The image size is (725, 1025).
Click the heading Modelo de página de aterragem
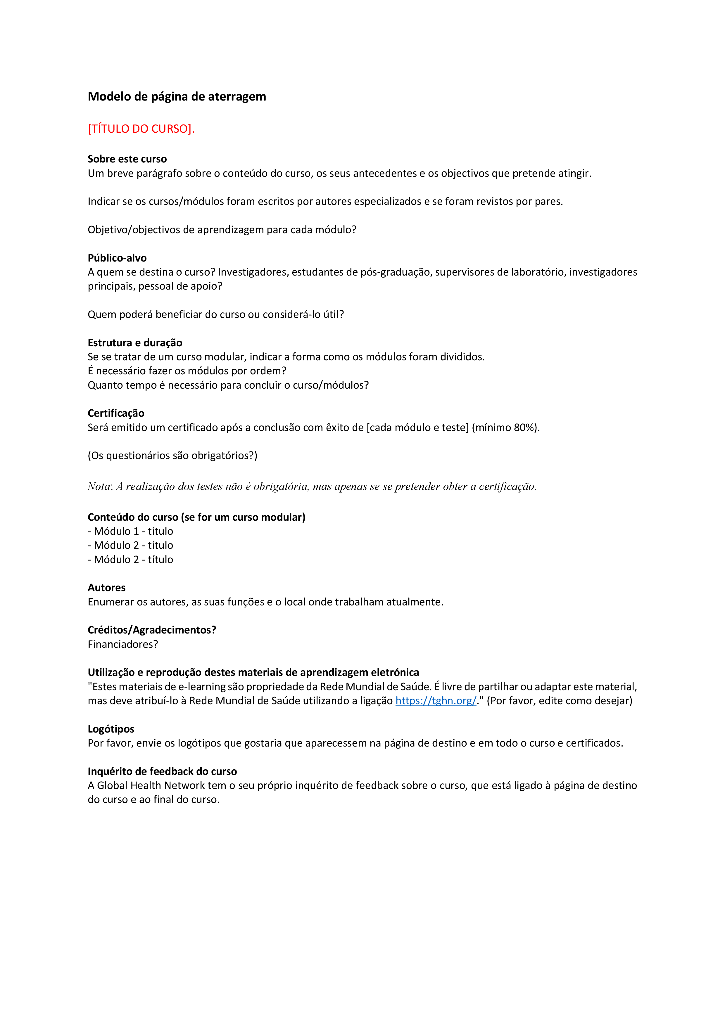[x=177, y=96]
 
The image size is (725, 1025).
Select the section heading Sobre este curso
[x=127, y=159]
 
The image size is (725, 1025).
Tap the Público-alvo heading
[x=117, y=258]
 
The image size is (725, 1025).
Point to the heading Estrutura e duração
[x=135, y=342]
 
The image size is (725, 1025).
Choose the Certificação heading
[x=116, y=413]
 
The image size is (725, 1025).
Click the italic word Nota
[x=99, y=486]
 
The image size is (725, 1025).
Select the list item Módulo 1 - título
[x=130, y=531]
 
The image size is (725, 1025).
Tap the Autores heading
[x=106, y=588]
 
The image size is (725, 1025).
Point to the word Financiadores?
[x=122, y=644]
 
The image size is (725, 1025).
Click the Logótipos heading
[x=111, y=729]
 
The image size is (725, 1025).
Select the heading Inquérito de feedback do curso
[x=162, y=771]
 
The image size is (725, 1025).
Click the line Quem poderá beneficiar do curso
[x=215, y=314]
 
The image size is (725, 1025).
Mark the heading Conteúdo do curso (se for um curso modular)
[x=196, y=517]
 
